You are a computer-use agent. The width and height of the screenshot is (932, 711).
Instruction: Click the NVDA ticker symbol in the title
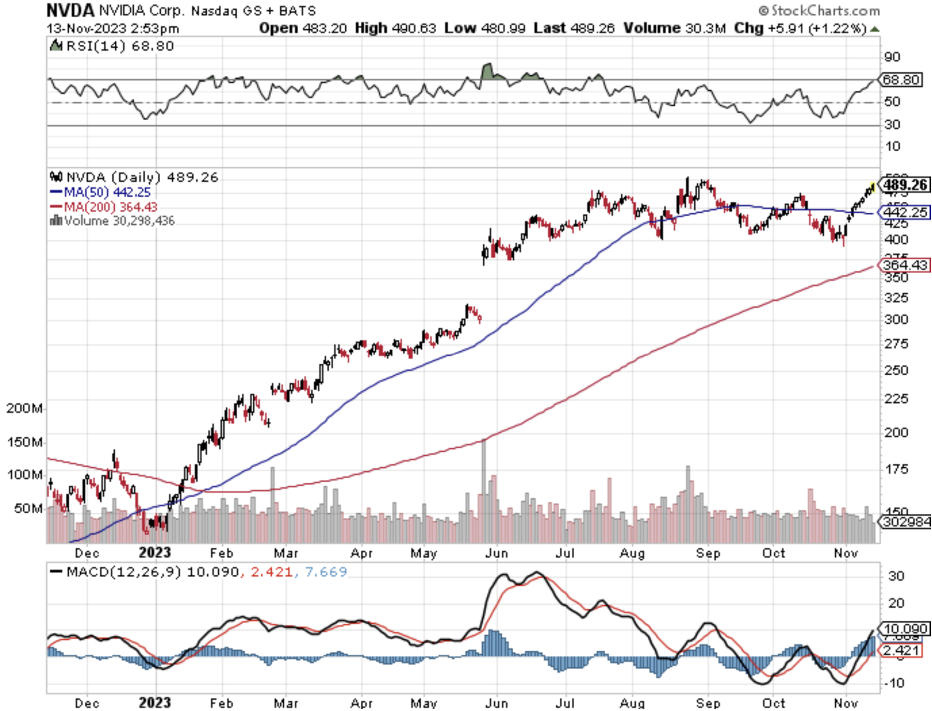tap(70, 10)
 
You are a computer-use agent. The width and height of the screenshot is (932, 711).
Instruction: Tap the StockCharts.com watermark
tap(819, 11)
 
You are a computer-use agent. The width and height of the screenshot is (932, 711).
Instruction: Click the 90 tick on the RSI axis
tap(892, 57)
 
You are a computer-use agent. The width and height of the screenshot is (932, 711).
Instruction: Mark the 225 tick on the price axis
tap(896, 399)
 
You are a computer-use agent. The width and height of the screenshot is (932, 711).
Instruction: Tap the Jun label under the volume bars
tap(496, 553)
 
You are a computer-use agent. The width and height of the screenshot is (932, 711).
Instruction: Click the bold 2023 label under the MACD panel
tap(155, 703)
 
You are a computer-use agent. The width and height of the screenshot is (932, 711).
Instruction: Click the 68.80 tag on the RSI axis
tap(901, 79)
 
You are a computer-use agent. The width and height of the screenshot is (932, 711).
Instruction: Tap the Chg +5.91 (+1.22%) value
tap(800, 28)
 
